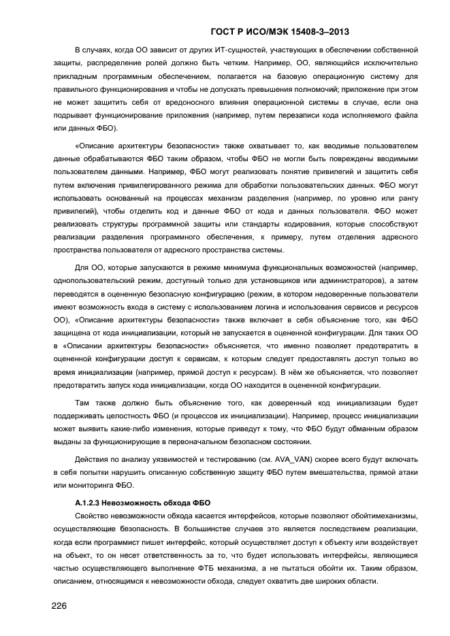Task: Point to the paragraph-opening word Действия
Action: click(93, 459)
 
